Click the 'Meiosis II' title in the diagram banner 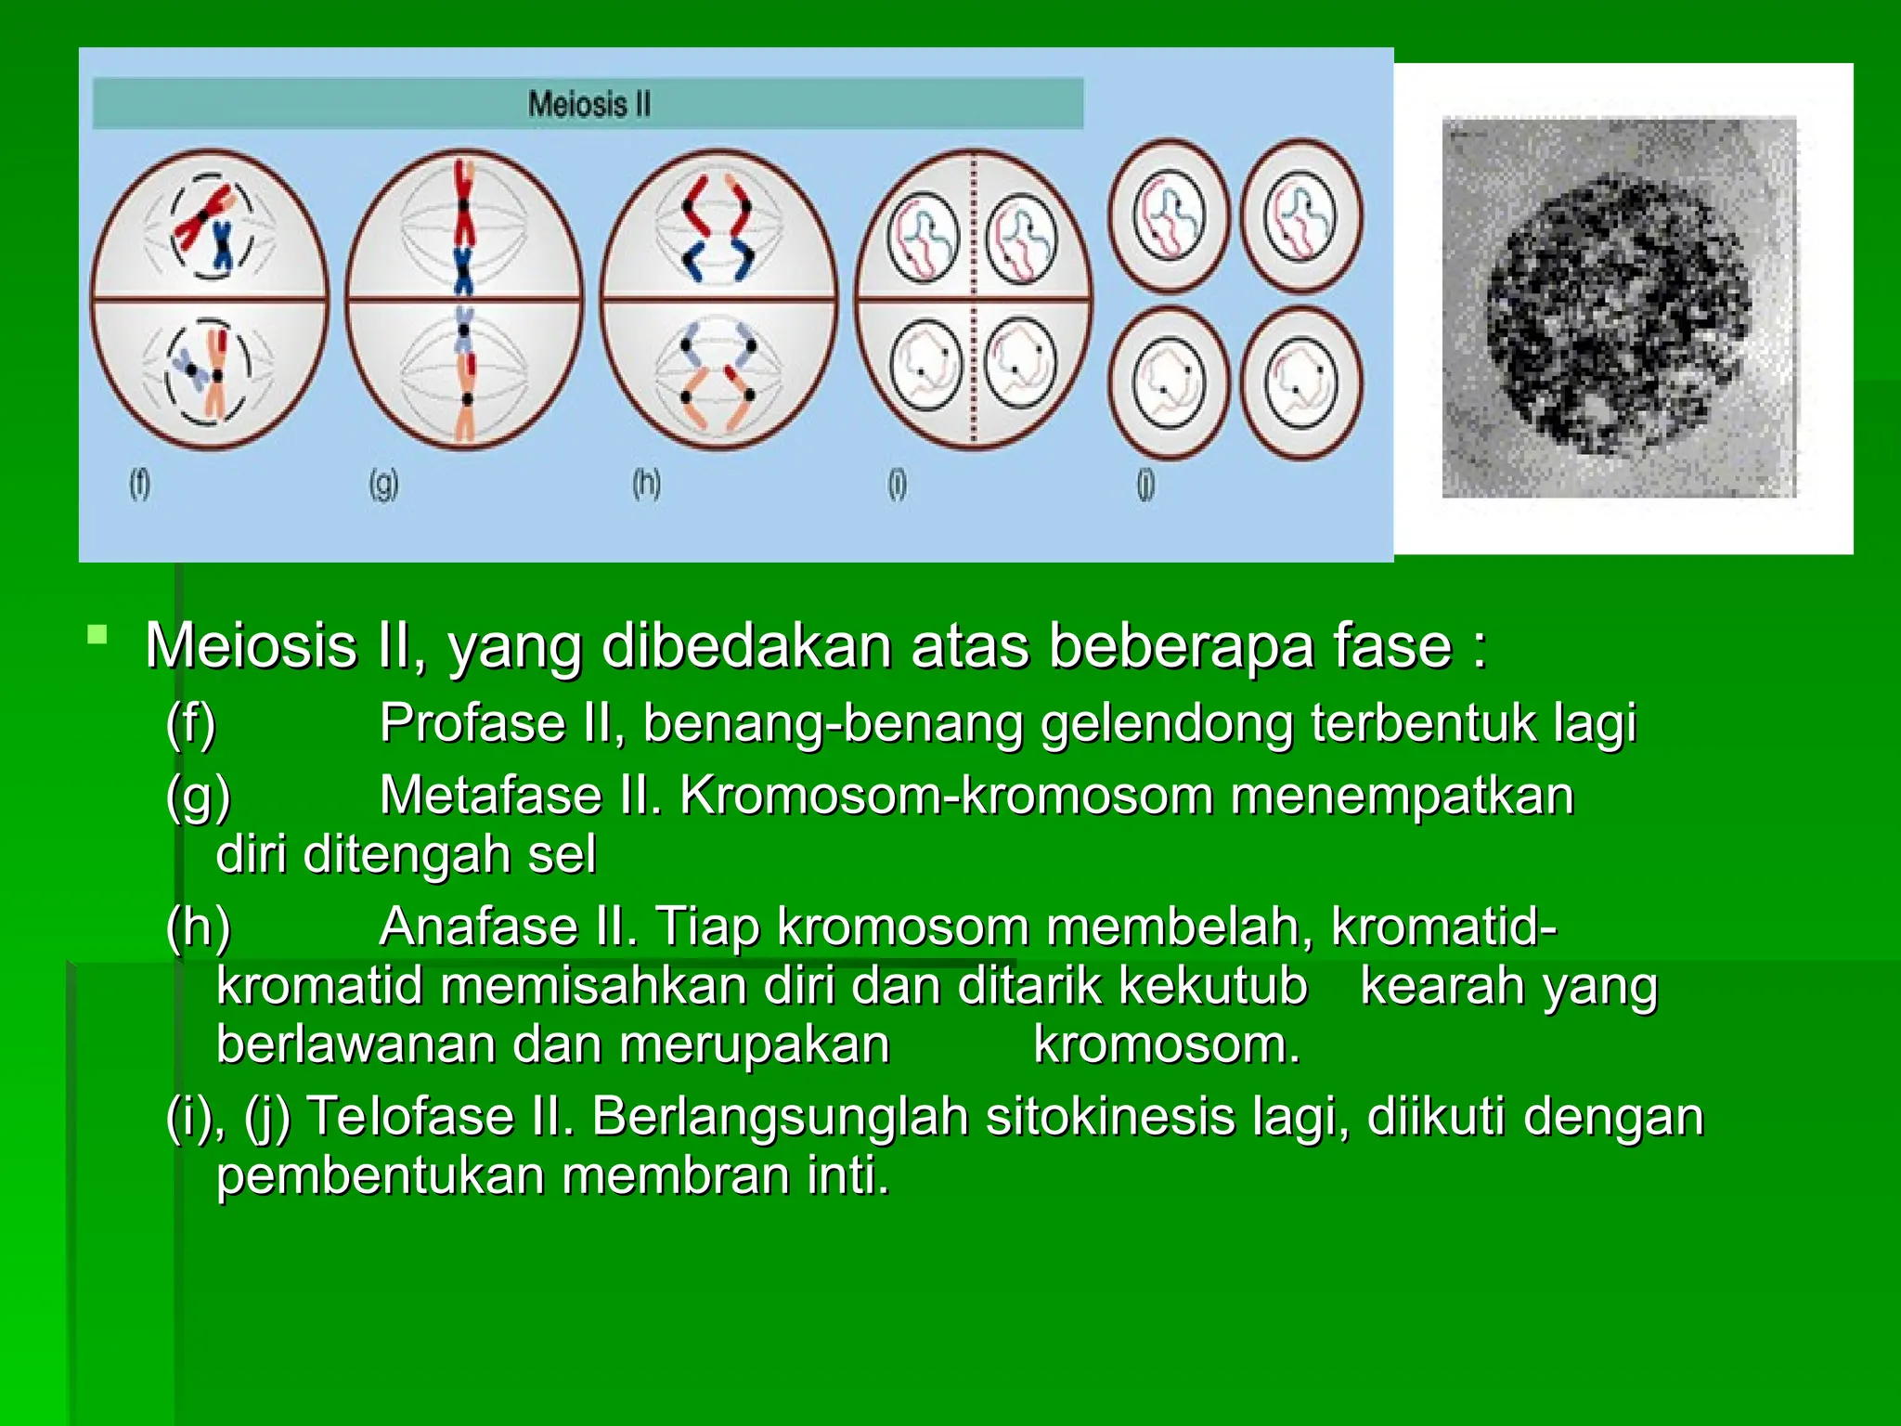(x=589, y=104)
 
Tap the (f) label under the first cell (x=139, y=484)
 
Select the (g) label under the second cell (x=383, y=484)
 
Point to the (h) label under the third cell (x=646, y=484)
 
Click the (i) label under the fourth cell (x=897, y=484)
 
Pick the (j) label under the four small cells (x=1146, y=484)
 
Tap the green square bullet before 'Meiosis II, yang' (x=97, y=636)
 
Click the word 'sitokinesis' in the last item (x=1109, y=1116)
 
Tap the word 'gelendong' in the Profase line (x=1166, y=725)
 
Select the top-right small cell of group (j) (x=1301, y=215)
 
